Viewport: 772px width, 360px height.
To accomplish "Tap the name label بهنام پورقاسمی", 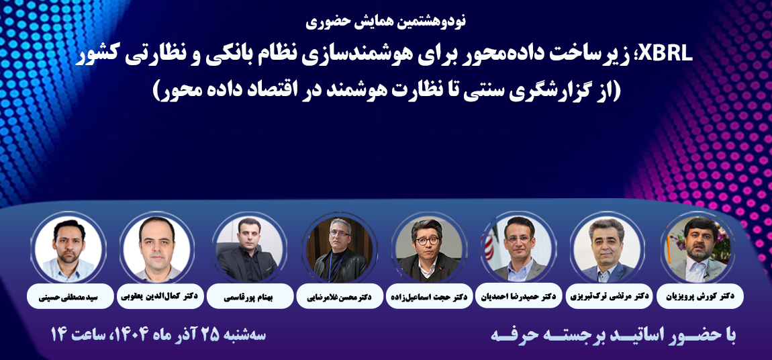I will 249,295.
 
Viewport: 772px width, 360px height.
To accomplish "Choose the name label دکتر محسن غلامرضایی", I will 339,295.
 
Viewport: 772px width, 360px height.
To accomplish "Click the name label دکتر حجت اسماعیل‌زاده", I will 429,295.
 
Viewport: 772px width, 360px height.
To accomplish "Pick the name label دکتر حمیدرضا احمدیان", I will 519,295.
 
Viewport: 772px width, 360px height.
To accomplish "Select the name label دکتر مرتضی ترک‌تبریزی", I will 609,295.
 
